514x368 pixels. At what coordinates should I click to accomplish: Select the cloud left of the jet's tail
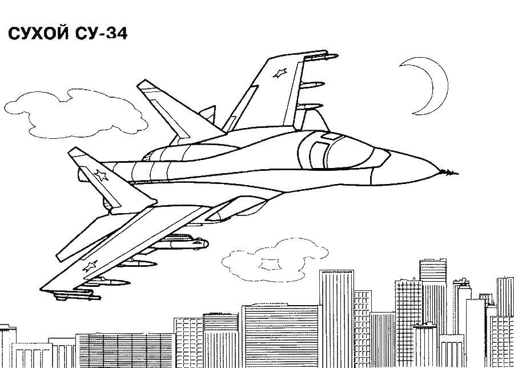pos(75,113)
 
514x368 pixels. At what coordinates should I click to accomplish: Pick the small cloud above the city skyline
pos(275,260)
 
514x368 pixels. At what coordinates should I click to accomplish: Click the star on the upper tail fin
pos(280,73)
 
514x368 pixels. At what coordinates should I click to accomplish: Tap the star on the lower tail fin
pos(101,175)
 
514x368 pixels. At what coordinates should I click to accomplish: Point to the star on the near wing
pos(90,266)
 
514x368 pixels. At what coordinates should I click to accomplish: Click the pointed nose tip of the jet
pos(457,173)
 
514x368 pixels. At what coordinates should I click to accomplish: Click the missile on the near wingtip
pos(77,297)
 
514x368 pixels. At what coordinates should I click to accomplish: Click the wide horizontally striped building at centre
pos(280,336)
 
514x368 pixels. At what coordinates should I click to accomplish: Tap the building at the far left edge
pos(8,346)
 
